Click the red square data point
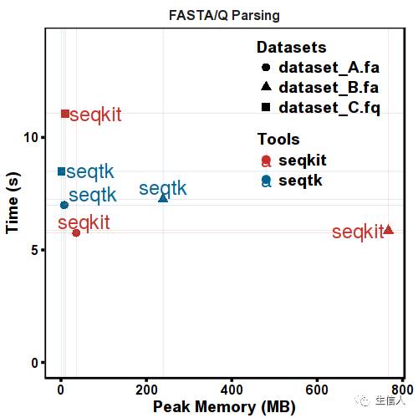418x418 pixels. click(x=65, y=114)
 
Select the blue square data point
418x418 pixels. click(x=61, y=171)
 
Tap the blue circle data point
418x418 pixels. click(x=64, y=205)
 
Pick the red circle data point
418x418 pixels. click(x=76, y=232)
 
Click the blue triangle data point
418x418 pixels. click(x=163, y=197)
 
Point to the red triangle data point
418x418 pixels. click(x=388, y=229)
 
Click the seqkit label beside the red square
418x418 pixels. click(x=96, y=115)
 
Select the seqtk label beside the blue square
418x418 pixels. click(x=89, y=172)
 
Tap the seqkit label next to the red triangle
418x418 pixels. click(x=357, y=232)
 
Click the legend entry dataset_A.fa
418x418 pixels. click(x=329, y=67)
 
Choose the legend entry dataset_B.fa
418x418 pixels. click(x=329, y=87)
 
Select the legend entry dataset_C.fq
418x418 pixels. click(x=329, y=107)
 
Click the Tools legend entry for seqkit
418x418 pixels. click(x=302, y=160)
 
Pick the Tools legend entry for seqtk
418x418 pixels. click(x=299, y=180)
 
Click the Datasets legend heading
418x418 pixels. click(x=291, y=47)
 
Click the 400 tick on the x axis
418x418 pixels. click(x=232, y=390)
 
